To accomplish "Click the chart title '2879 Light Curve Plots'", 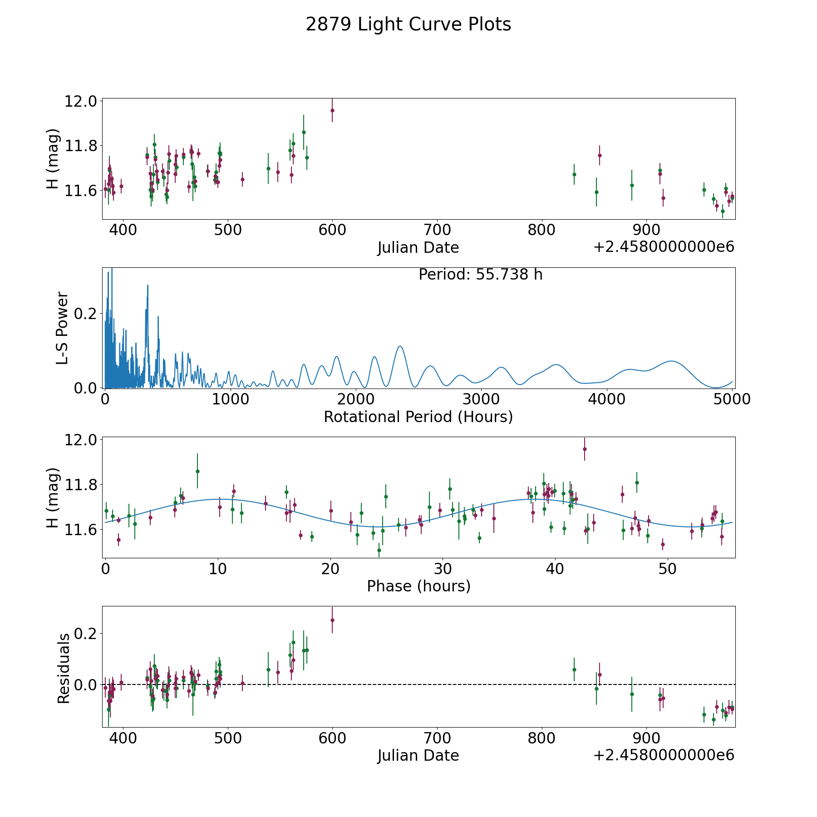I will pos(408,25).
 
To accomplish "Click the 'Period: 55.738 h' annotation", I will pos(480,275).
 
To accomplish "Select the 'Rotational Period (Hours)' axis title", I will pos(418,417).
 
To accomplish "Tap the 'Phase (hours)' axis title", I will pos(418,586).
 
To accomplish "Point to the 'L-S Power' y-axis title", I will pos(63,328).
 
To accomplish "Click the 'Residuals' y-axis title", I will pos(64,669).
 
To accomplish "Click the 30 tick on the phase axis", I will pos(443,568).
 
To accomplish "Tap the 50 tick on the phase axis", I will pos(668,568).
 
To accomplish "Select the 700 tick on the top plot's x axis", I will pos(437,230).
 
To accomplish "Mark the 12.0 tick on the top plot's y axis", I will pos(81,101).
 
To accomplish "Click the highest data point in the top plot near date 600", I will pos(332,110).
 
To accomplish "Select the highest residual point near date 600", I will pos(332,620).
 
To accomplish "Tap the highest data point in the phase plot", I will pos(585,449).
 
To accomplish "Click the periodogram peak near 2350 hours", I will pos(399,346).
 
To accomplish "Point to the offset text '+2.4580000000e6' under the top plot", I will pos(664,247).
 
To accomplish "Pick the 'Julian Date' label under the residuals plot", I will pos(418,755).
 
